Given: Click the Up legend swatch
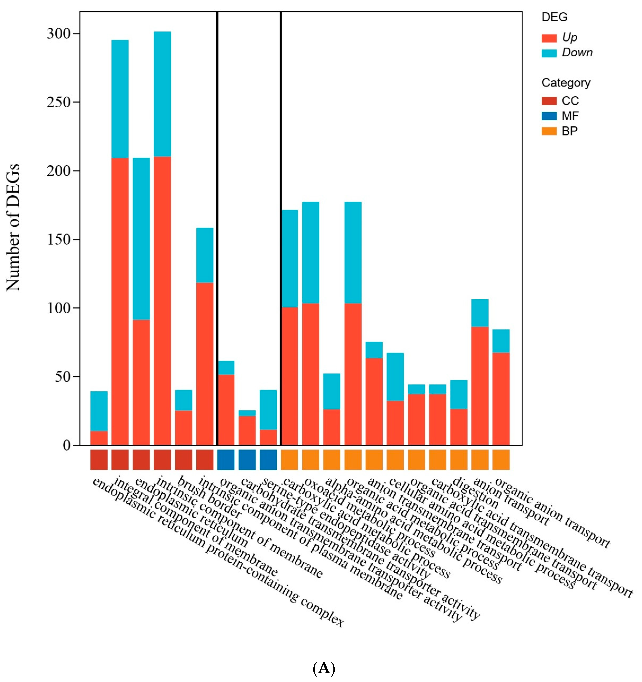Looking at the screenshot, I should coord(549,38).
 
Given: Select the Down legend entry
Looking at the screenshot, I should coord(577,53).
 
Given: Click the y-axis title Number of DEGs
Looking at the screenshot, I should coord(13,228).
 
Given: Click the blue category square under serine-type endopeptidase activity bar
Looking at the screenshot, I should coord(268,459).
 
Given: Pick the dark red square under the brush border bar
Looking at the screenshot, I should coord(183,459).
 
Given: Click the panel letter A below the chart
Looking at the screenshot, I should coord(323,668).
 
